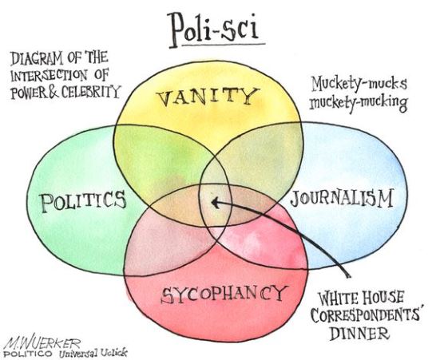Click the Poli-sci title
click(214, 30)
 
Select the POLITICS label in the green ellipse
click(83, 201)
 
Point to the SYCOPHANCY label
click(224, 294)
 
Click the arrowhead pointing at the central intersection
click(215, 203)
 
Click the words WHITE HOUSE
click(361, 298)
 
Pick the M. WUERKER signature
click(42, 342)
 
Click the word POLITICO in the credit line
click(30, 353)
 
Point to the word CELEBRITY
click(91, 92)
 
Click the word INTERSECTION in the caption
click(49, 75)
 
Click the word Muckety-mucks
click(359, 83)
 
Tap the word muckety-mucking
click(359, 102)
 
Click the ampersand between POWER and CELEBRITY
click(54, 93)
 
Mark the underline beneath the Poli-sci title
click(224, 44)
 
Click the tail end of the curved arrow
click(349, 276)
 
